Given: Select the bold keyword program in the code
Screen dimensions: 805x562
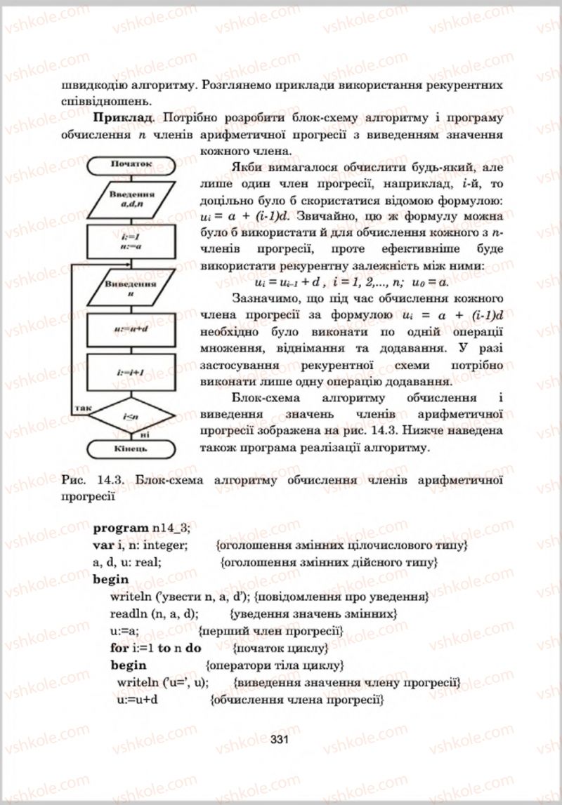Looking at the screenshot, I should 121,527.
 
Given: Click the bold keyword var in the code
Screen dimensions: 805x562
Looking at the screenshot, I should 103,545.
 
